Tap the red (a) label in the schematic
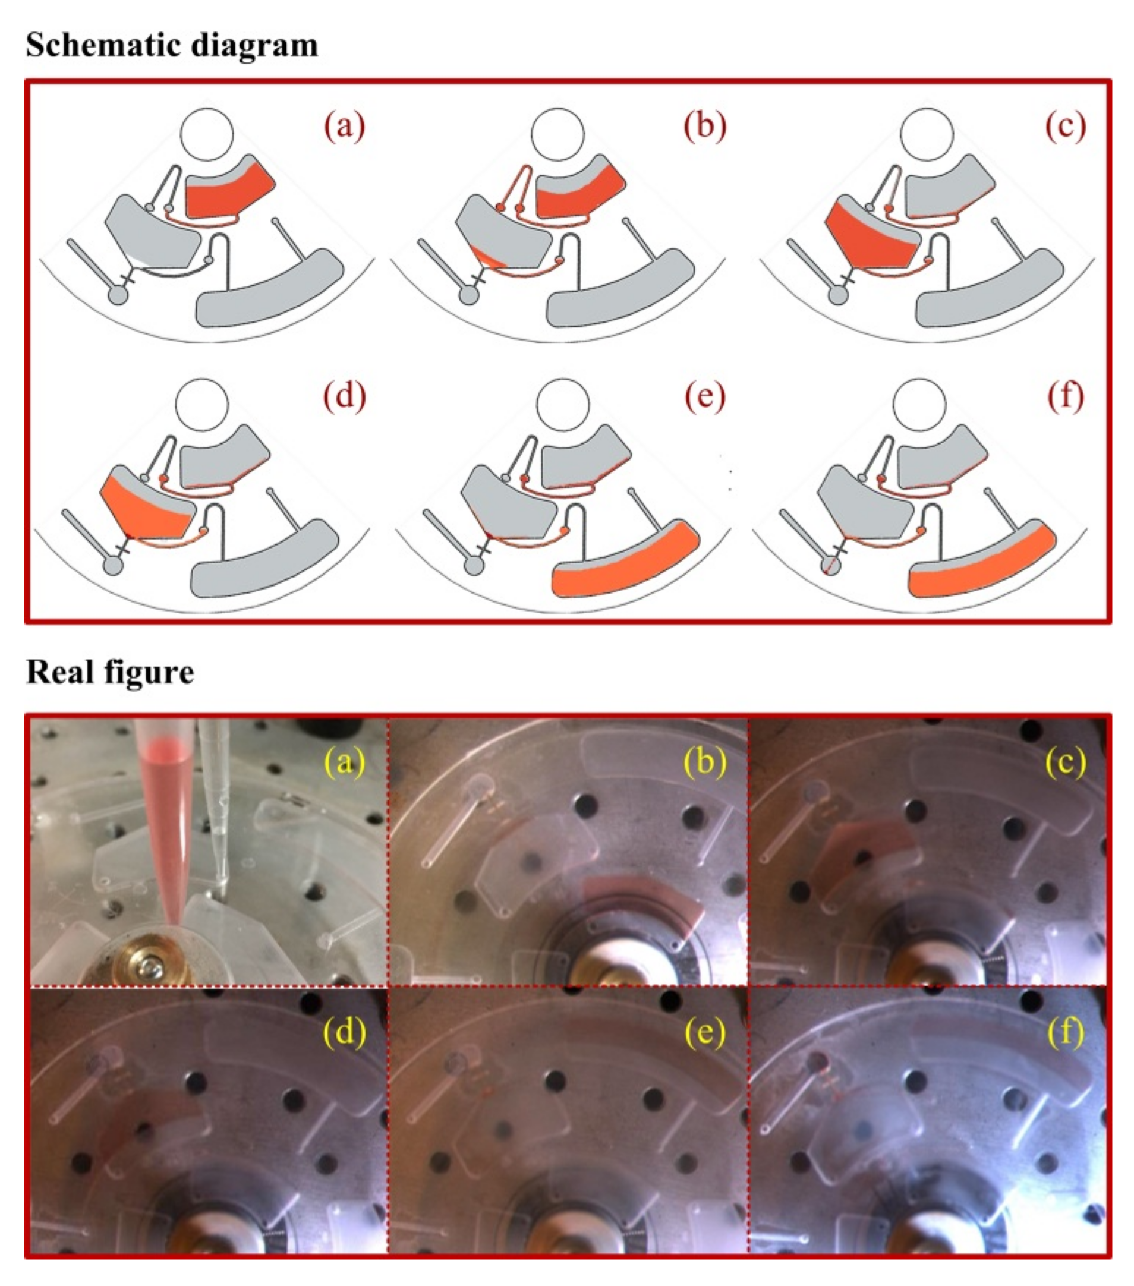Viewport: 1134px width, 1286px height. (x=344, y=126)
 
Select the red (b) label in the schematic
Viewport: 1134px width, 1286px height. (x=705, y=126)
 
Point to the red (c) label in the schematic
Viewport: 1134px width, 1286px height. (x=1066, y=126)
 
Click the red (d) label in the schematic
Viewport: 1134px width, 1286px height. (x=344, y=396)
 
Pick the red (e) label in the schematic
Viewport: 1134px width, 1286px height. (x=705, y=396)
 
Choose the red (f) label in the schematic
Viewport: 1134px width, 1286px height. (x=1066, y=396)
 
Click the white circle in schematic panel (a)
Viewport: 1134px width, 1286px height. (x=207, y=134)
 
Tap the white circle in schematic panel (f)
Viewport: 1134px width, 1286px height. (x=920, y=405)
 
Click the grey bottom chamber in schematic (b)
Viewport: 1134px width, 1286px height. (x=620, y=289)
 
